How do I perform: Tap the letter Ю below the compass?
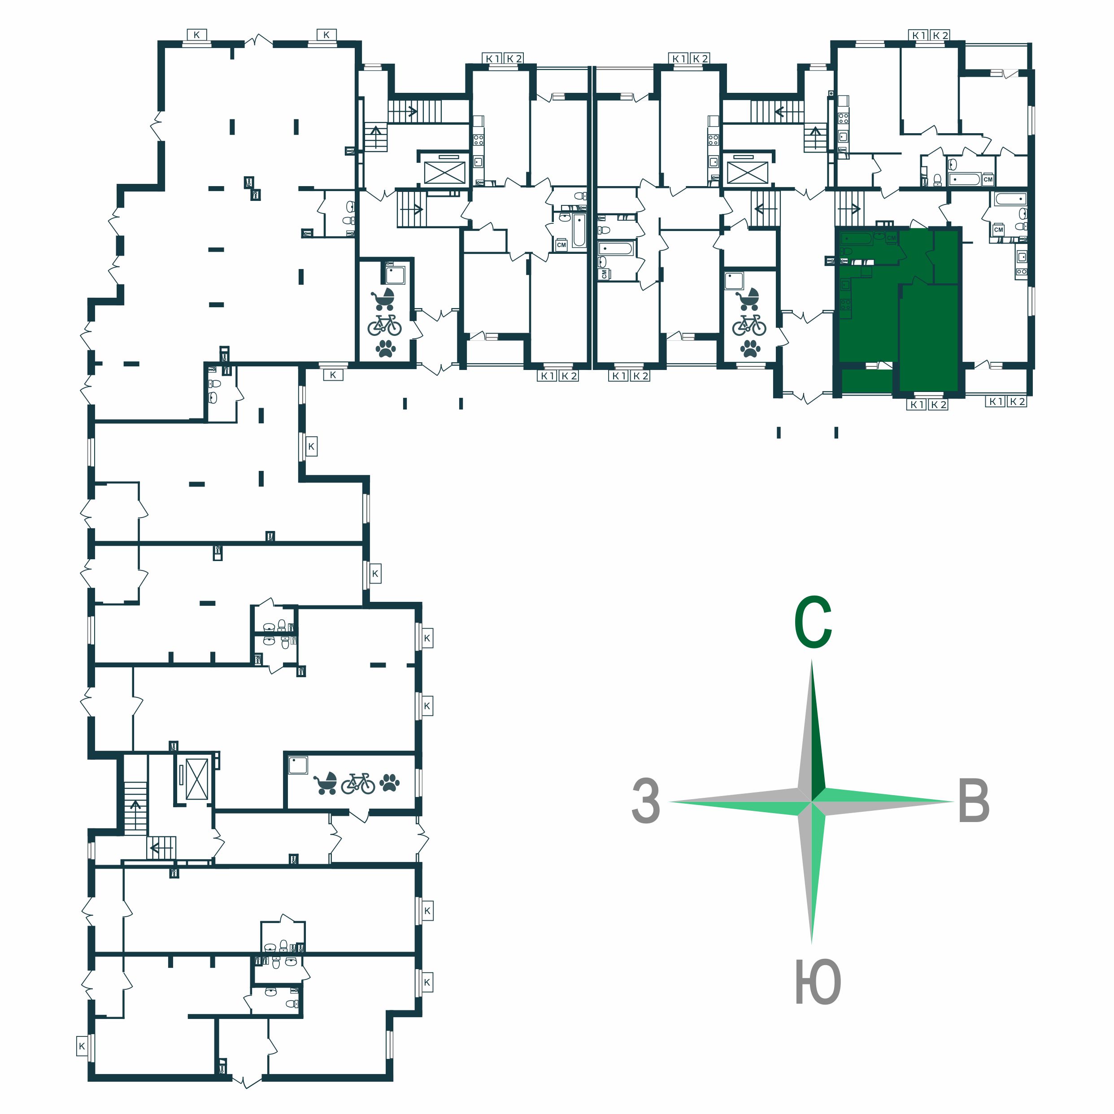click(818, 982)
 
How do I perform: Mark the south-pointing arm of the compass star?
click(812, 870)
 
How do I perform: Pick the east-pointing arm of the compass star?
click(882, 801)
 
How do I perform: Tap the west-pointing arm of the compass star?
click(741, 801)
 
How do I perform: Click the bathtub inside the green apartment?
click(856, 238)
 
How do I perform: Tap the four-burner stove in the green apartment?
click(845, 304)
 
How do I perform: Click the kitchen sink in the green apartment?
click(845, 284)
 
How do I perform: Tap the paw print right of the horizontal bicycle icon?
click(390, 783)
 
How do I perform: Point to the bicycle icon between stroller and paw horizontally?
click(358, 783)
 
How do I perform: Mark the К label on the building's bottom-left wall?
click(82, 1046)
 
